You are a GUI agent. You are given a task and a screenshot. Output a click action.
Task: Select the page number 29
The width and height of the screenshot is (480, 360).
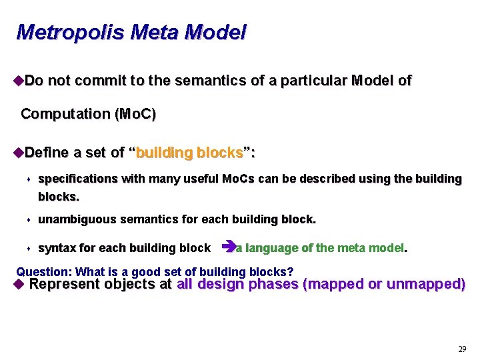coord(462,349)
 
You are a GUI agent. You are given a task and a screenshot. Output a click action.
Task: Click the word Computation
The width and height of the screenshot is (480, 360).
coord(66,114)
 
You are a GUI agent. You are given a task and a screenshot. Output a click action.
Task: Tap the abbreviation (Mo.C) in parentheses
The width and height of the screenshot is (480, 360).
coord(135,114)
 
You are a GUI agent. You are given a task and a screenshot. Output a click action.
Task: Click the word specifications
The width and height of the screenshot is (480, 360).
coord(78,179)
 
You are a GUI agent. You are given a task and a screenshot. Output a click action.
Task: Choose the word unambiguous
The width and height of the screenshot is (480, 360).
coord(77,219)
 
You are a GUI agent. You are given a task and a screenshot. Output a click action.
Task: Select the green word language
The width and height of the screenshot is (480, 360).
coord(271,248)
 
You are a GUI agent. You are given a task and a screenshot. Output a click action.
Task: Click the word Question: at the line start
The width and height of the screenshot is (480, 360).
coord(45,271)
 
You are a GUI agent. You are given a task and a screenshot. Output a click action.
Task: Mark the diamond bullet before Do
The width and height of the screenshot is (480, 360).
coord(18,81)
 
